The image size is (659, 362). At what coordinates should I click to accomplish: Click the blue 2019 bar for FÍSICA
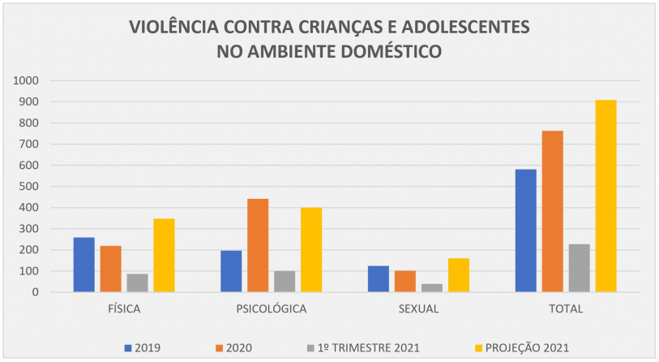(83, 265)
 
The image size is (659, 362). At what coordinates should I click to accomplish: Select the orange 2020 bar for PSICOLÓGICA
(258, 245)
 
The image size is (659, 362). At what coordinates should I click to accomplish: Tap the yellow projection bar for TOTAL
(606, 196)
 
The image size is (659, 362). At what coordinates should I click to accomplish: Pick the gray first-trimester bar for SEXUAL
(431, 287)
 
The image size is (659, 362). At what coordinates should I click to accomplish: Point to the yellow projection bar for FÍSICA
(164, 255)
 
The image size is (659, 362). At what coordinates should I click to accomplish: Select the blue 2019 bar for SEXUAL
(378, 278)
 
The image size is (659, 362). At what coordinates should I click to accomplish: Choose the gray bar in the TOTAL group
(579, 268)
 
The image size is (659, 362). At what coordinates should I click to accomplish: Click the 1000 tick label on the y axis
(26, 81)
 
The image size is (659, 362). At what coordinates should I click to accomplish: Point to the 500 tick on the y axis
(29, 187)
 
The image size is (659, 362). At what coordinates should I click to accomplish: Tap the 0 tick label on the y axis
(36, 292)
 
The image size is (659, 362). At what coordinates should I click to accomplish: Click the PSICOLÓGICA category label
(272, 309)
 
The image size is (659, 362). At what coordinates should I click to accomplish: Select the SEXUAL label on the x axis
(418, 309)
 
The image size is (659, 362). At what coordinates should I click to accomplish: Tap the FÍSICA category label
(124, 309)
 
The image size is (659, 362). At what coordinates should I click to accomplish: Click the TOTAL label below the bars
(566, 309)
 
